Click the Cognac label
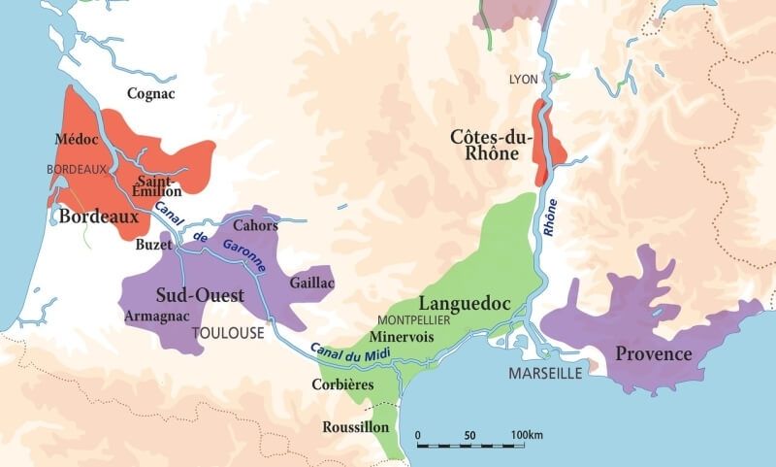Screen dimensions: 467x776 point(151,93)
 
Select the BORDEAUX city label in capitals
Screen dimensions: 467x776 point(77,169)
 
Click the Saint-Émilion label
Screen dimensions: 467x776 point(159,186)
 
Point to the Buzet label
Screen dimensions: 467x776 point(154,245)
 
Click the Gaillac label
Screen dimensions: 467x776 point(311,282)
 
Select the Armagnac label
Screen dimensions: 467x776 point(156,316)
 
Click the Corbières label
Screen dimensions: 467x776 point(342,384)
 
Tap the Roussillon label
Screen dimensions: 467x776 point(356,427)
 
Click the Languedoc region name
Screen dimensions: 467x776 point(464,304)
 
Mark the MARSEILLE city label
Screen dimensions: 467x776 point(544,373)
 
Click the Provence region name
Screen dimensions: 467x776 point(654,353)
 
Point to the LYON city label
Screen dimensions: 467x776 point(523,78)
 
